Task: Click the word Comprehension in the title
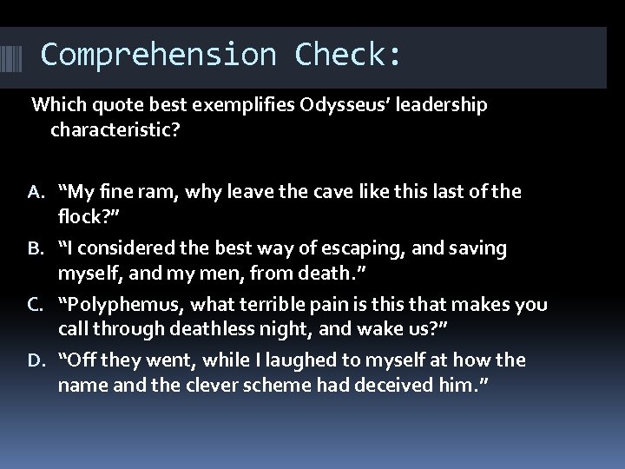point(160,54)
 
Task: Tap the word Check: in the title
point(348,54)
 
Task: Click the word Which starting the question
point(56,106)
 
